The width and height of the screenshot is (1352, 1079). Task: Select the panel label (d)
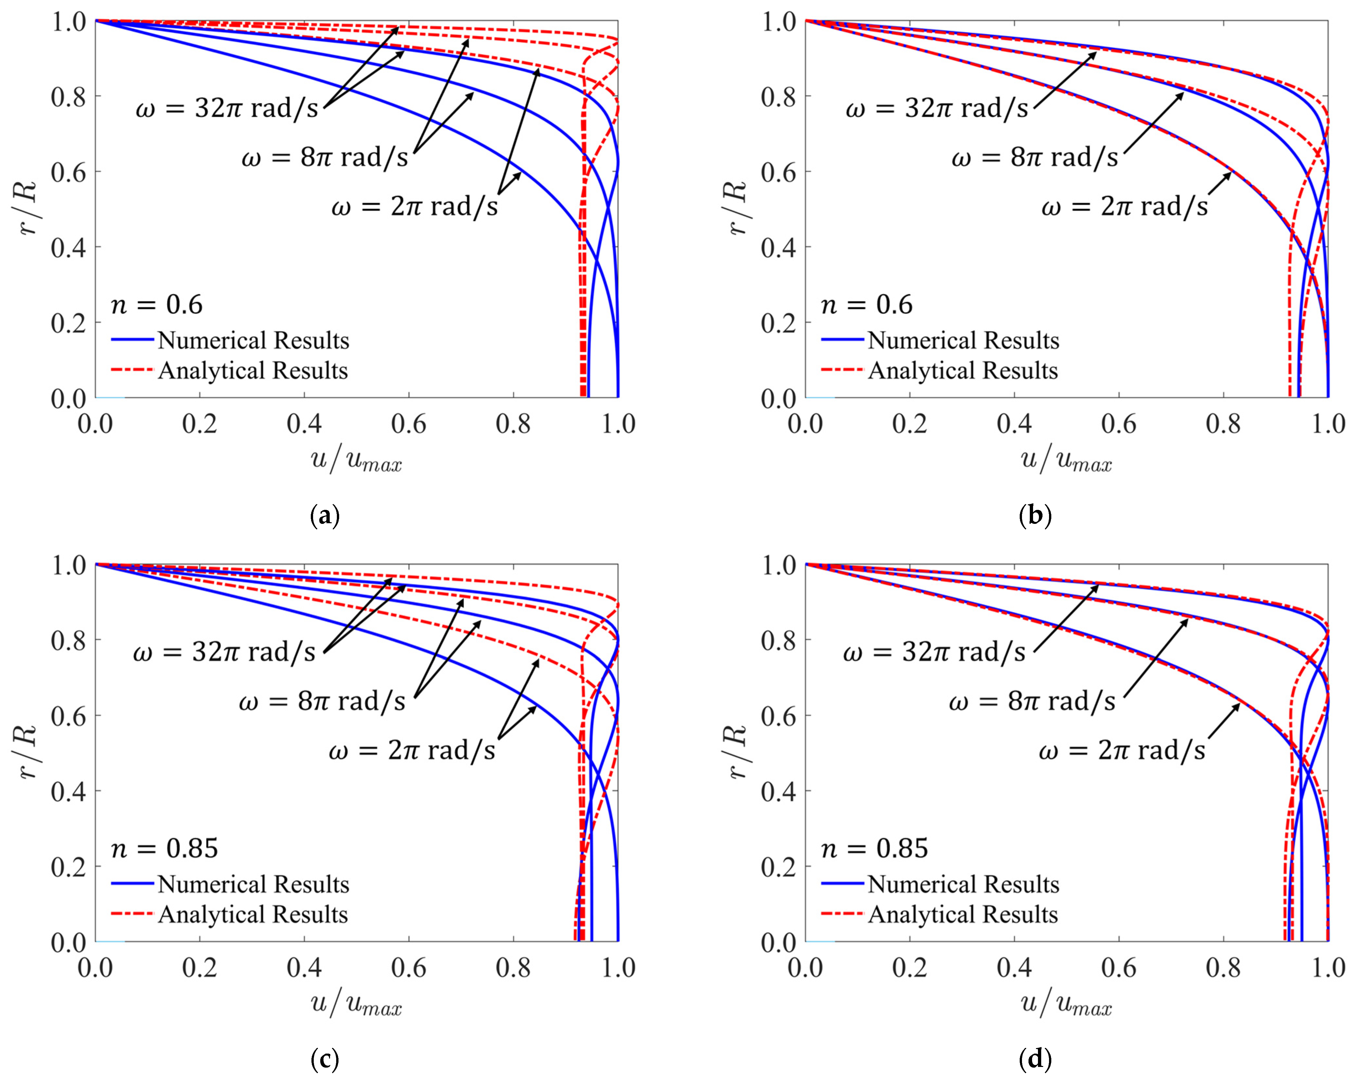(x=1035, y=1059)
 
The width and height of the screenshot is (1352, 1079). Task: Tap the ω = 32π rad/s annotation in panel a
(x=226, y=108)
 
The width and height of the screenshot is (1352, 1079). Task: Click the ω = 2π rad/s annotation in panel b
(x=1124, y=206)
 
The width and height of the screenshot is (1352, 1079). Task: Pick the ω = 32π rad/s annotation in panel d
(x=934, y=652)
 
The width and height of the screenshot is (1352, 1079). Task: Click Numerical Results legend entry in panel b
(x=963, y=340)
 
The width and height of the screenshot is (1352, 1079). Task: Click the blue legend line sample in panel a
(x=132, y=340)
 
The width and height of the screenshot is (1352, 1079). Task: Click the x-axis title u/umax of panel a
(x=356, y=461)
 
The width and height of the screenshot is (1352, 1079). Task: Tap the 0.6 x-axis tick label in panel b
(x=1119, y=424)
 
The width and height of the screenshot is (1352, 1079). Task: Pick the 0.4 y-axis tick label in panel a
(x=68, y=248)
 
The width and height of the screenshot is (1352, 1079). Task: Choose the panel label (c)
(x=325, y=1059)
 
